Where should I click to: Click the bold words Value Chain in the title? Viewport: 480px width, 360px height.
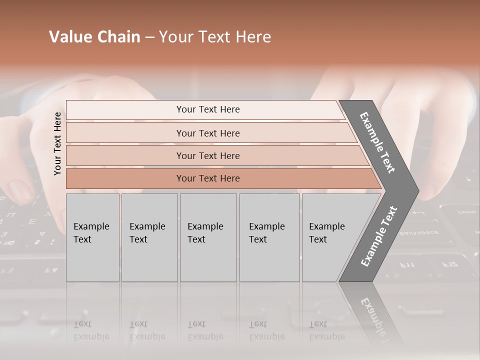94,37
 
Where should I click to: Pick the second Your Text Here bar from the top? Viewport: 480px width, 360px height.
208,133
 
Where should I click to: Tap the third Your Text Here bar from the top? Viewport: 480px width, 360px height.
208,155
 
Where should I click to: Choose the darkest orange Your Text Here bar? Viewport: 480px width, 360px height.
208,178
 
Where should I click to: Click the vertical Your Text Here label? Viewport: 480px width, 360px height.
57,143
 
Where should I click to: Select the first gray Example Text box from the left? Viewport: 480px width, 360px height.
92,237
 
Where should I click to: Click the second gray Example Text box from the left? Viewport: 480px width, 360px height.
149,237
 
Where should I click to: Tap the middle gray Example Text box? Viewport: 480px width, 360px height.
208,237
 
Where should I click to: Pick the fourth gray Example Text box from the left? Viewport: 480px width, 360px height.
269,237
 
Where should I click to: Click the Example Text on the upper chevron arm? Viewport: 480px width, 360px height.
377,142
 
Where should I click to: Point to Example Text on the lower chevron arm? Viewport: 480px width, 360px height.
378,236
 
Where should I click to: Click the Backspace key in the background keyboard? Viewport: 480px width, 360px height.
412,232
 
